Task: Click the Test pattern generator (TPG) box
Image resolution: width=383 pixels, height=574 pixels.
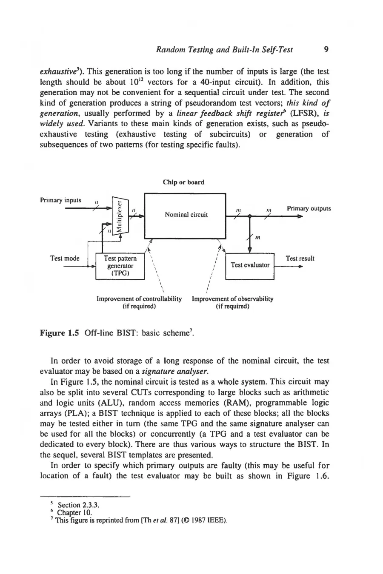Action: tap(120, 266)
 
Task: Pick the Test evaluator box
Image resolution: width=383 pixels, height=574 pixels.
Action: tap(250, 265)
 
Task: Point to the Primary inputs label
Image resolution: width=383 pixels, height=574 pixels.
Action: tap(61, 200)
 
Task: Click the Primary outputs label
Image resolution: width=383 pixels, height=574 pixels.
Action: tap(309, 208)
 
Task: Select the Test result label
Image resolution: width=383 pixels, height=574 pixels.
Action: tap(300, 258)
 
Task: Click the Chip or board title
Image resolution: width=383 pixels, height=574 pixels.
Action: tap(183, 182)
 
